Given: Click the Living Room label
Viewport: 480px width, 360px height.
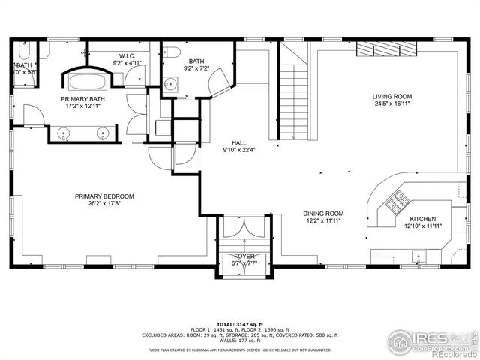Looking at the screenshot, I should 392,96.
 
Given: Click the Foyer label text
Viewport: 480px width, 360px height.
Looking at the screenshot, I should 244,256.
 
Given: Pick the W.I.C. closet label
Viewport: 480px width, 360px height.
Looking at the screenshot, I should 127,55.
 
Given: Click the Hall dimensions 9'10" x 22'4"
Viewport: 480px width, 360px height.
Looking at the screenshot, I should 239,150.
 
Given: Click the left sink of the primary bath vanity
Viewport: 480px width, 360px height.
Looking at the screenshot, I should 64,133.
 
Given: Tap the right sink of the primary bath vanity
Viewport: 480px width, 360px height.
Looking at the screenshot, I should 103,133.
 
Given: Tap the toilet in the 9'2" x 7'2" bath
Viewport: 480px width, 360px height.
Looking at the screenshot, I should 169,52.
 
